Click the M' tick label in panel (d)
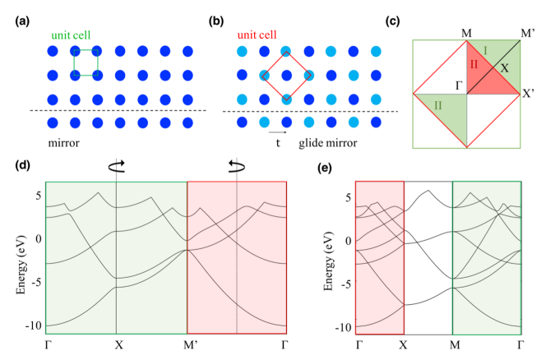187,343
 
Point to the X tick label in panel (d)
117,343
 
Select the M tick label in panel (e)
453,343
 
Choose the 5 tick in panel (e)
349,197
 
